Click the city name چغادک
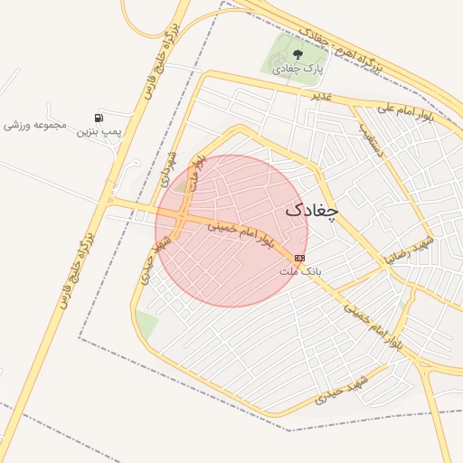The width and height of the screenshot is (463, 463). [312, 210]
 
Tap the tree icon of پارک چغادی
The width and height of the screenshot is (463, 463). [298, 53]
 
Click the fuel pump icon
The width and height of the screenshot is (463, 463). [99, 118]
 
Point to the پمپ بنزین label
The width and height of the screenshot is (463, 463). [98, 132]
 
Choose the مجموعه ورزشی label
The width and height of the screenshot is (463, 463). [36, 124]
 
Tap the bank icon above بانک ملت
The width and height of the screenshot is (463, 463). [300, 258]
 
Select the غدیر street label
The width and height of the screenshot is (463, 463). [322, 95]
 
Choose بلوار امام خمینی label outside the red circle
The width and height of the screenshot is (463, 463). [373, 324]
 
